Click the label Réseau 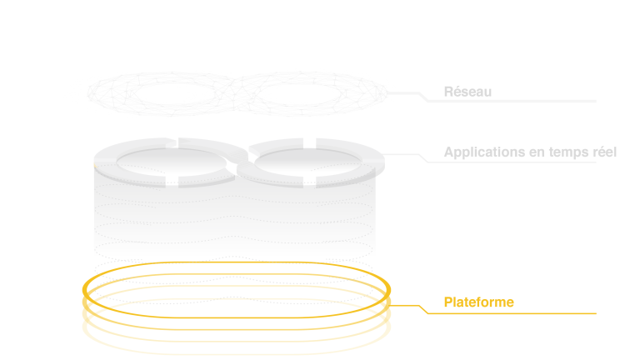pos(467,92)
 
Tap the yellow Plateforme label pos(479,302)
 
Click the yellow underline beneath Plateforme pos(512,313)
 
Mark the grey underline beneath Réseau pos(512,101)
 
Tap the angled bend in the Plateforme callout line pos(423,309)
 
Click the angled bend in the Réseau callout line pos(423,97)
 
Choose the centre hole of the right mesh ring pos(301,93)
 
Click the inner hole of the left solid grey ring pos(172,162)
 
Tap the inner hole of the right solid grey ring pos(308,162)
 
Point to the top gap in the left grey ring pos(172,142)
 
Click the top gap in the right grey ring pos(309,142)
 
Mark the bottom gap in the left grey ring pos(172,181)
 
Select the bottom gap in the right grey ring pos(309,182)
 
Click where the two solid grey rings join pos(241,162)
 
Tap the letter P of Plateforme pos(448,302)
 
